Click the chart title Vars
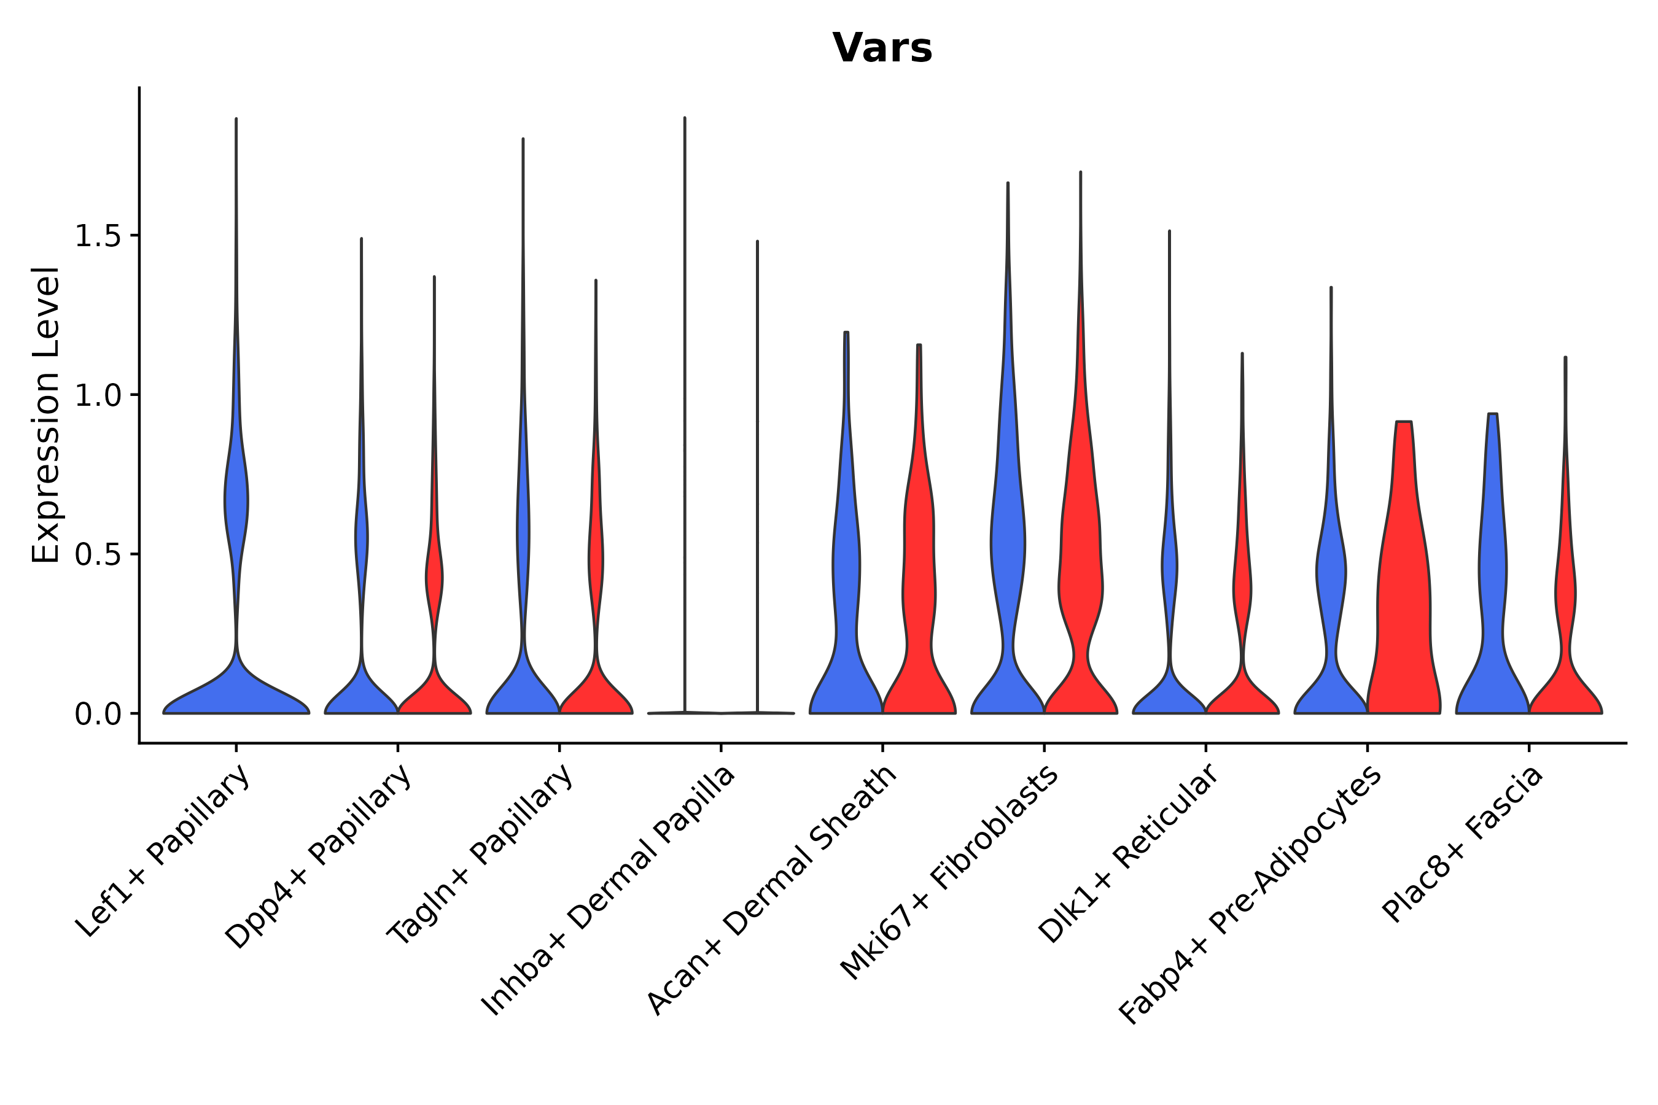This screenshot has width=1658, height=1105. point(881,48)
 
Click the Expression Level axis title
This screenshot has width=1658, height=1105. point(46,415)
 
